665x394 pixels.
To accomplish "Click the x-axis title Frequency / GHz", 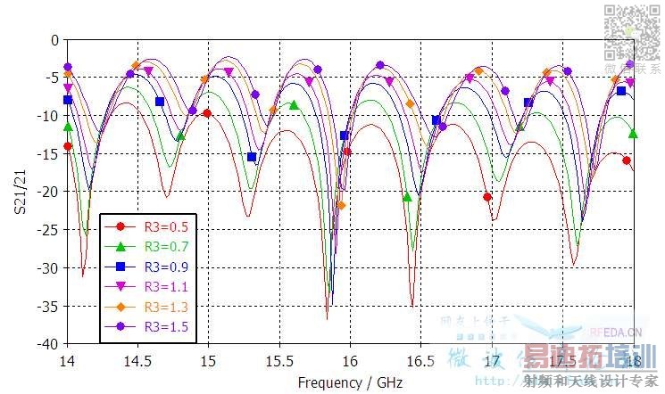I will coord(350,382).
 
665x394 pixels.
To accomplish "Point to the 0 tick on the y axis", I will coord(54,40).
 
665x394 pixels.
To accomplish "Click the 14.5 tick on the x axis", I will coord(137,362).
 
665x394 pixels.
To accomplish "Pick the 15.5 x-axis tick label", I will coord(279,362).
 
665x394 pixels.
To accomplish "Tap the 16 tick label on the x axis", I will coord(350,362).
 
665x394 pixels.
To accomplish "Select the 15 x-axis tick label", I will coord(208,362).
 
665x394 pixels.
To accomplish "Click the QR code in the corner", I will coord(633,31).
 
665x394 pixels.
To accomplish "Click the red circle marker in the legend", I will coord(120,227).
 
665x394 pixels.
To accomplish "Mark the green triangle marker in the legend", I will coord(120,247).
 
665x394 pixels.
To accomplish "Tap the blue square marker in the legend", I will coord(120,267).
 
